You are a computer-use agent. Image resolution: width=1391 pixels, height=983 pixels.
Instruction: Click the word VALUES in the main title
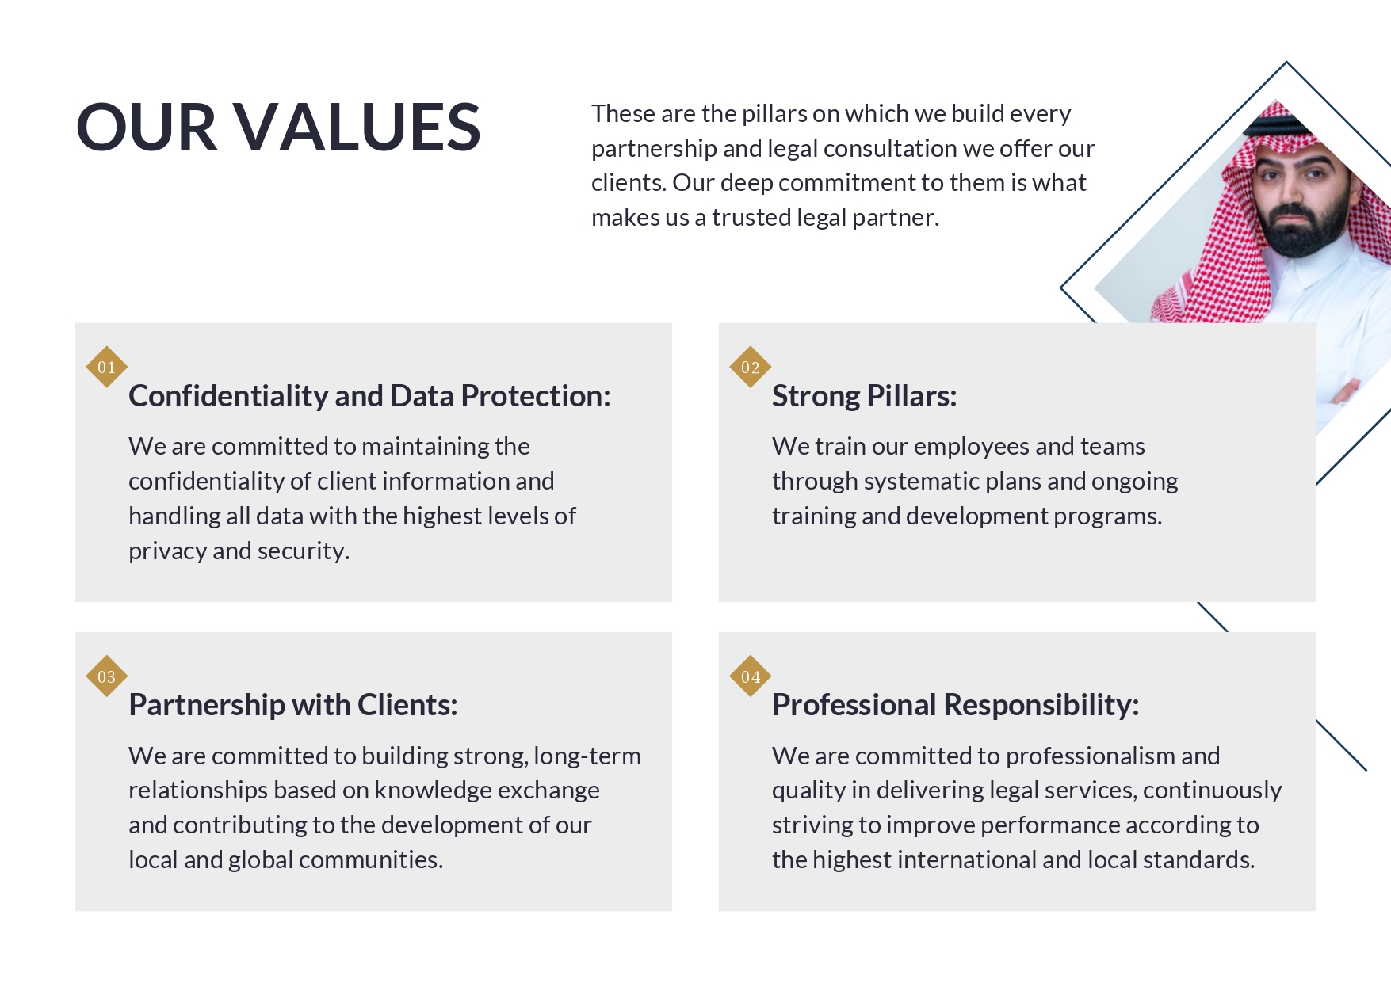click(x=357, y=127)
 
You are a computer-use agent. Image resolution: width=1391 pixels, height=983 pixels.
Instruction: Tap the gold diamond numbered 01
click(x=106, y=367)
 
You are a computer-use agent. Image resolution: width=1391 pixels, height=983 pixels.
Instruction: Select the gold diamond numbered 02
click(x=750, y=367)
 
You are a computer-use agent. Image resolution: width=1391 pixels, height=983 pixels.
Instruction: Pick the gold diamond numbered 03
click(x=106, y=676)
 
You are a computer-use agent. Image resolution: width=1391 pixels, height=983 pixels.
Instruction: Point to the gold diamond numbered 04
click(x=750, y=676)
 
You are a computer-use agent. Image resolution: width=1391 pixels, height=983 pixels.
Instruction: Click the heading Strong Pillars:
click(x=865, y=396)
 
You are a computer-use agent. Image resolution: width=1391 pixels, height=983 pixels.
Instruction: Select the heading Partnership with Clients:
click(x=293, y=705)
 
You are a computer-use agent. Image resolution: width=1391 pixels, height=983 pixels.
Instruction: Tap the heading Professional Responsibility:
click(x=956, y=705)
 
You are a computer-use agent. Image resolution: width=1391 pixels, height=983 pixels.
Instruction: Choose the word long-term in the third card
click(x=587, y=756)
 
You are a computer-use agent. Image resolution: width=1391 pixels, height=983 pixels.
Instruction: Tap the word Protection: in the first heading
click(x=536, y=396)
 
